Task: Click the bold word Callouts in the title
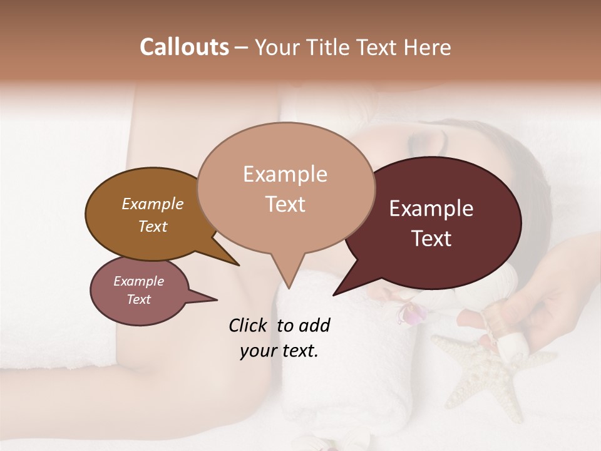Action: tap(184, 47)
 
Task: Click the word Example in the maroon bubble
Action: tap(431, 209)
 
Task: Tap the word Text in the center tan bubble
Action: tap(285, 204)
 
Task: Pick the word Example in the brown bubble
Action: tap(153, 204)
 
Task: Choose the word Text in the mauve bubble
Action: tap(139, 299)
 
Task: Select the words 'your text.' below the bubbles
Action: tap(279, 351)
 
